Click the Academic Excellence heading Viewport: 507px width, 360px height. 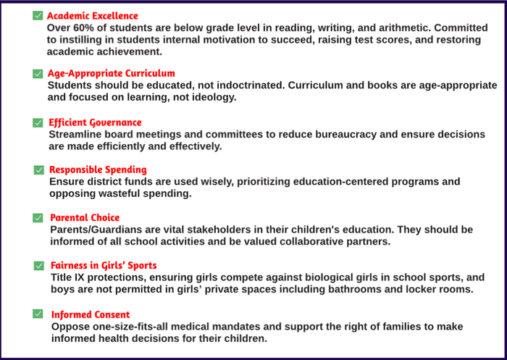coord(92,16)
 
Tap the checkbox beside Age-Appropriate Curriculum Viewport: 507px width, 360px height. coord(38,74)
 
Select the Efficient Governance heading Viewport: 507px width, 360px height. coord(95,122)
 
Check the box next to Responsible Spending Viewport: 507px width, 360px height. coord(39,170)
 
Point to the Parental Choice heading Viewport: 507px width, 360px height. coord(85,217)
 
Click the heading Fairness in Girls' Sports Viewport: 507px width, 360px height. coord(104,265)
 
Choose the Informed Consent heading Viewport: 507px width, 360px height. coord(91,314)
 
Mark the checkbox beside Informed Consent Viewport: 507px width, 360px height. coord(38,314)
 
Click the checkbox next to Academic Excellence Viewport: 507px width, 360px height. coord(37,16)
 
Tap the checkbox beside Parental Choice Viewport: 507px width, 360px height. coord(38,217)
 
